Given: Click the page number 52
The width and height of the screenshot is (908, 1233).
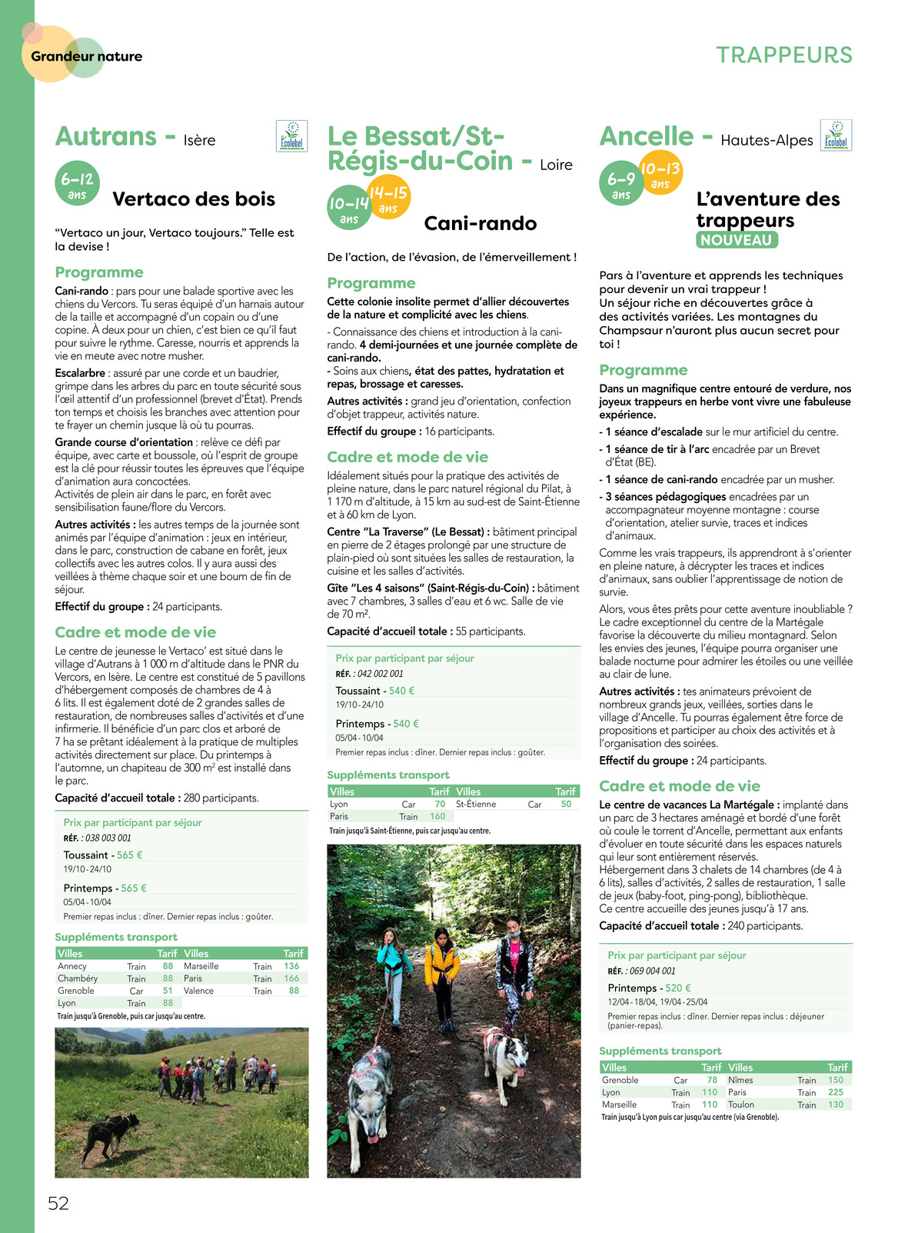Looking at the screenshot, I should (x=58, y=1203).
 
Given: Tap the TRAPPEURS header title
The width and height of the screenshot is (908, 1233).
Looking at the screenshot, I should (x=784, y=55).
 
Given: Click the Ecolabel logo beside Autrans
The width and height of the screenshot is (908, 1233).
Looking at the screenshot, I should (x=291, y=136).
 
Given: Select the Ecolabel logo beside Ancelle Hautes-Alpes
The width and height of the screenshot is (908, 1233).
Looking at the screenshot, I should (x=836, y=135).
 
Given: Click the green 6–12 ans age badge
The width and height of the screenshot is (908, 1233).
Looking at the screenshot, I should (x=77, y=184).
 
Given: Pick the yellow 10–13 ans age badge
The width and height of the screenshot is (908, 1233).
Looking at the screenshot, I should (x=660, y=173).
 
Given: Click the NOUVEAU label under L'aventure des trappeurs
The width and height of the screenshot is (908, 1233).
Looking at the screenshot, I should (x=737, y=240).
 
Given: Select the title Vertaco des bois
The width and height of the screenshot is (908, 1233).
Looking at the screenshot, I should (x=194, y=199).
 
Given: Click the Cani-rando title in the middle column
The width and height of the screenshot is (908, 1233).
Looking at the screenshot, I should (x=481, y=224).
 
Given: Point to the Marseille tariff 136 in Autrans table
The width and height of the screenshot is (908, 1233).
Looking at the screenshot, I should (x=291, y=966).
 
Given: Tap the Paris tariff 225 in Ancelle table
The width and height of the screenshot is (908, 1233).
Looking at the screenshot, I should (x=836, y=1092).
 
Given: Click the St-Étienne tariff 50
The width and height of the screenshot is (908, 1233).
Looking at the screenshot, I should (x=566, y=804).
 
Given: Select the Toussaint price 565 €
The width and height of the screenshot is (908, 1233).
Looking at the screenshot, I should (x=130, y=855).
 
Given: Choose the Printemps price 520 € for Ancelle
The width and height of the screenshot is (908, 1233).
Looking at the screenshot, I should (x=678, y=988).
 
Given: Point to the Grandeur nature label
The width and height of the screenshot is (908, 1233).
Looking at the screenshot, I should (x=86, y=56).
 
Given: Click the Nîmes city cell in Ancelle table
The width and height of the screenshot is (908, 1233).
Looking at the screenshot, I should (x=740, y=1080).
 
